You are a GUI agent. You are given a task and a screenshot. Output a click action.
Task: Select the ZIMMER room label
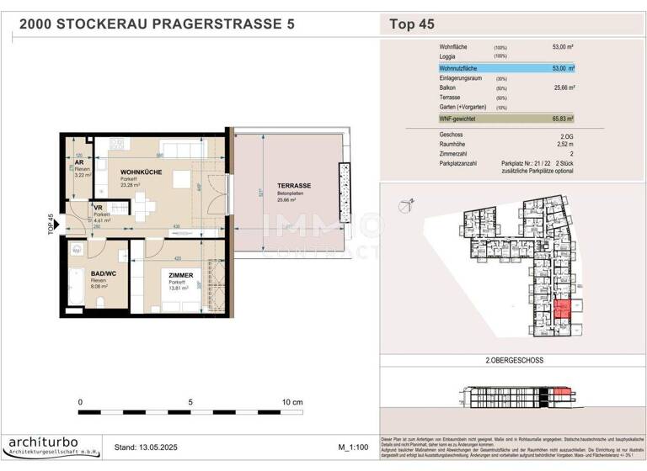click(180, 275)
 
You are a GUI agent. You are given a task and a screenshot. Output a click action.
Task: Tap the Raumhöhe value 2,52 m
click(563, 144)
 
